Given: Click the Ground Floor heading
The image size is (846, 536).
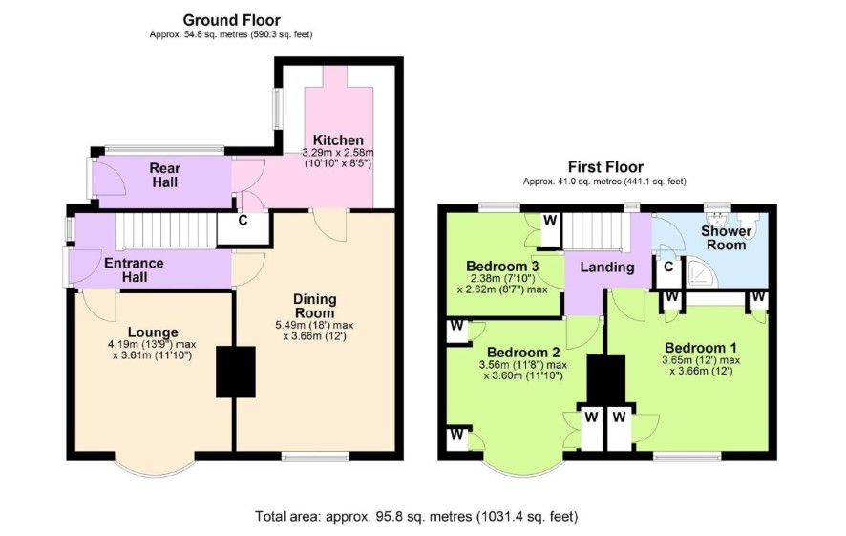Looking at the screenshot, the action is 231,20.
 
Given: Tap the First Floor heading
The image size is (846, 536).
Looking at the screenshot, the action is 605,167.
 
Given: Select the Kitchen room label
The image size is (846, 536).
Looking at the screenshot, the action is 338,139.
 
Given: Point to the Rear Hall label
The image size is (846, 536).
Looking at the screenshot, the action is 165,176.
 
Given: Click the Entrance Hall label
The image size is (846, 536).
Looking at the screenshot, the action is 134,270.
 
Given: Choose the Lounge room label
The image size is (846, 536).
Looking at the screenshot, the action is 153,332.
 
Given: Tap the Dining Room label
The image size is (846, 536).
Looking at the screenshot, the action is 314,306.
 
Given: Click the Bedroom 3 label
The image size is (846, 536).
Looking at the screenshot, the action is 502,267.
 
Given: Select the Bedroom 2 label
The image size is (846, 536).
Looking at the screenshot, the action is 523,353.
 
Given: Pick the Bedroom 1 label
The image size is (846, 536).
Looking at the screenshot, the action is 701,348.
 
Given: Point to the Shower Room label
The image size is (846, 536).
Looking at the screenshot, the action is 727,238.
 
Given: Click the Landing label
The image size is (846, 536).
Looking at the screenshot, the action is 607,268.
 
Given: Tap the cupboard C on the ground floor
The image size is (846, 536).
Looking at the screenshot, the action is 243,221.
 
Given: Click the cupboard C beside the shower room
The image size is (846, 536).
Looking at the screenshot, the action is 668,267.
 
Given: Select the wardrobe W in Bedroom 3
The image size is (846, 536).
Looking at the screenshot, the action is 550,221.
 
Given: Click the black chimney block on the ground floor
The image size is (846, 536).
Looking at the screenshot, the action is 236,372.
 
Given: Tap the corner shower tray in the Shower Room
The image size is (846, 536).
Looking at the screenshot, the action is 702,272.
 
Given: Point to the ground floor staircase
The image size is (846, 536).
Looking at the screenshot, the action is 166,230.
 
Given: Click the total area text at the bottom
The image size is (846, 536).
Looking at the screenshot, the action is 416,517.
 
